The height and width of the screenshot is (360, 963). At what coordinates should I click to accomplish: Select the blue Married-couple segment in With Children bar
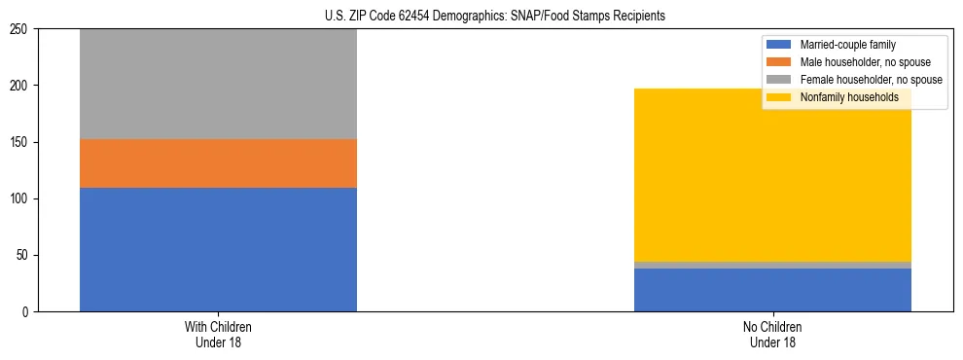(218, 249)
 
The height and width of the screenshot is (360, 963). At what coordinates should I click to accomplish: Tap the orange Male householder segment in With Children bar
(218, 163)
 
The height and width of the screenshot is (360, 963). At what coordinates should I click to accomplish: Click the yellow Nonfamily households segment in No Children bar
(772, 175)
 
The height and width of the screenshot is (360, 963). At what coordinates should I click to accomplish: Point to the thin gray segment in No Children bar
(772, 265)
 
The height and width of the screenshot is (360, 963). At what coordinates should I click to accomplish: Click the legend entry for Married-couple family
(847, 45)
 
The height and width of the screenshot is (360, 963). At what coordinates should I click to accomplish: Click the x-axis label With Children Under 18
(218, 334)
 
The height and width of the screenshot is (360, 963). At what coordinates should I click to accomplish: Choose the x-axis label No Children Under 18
(772, 334)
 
